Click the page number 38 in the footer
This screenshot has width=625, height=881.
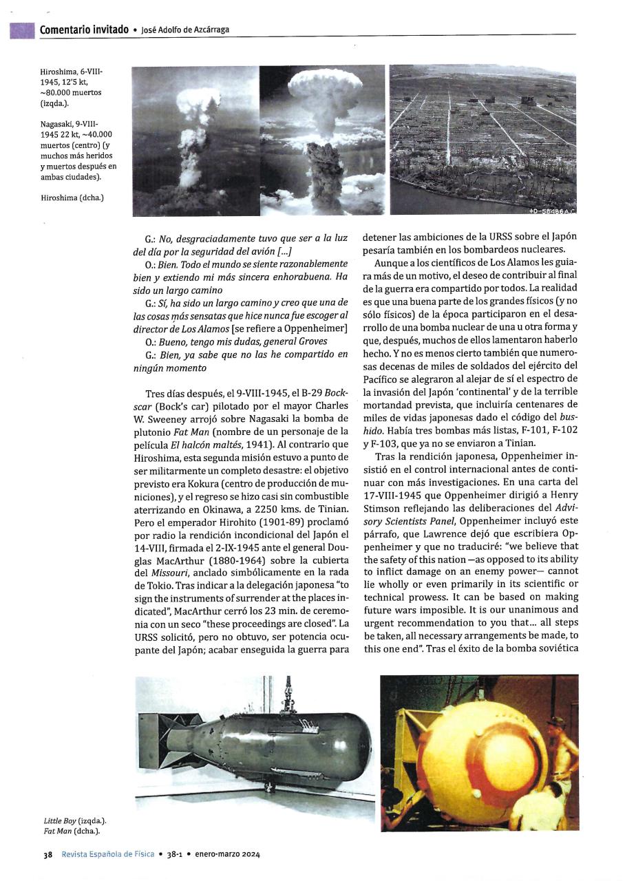pos(48,854)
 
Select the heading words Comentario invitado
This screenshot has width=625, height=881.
pos(84,29)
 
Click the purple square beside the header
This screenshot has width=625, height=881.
pos(22,30)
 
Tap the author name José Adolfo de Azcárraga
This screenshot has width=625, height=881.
pos(185,30)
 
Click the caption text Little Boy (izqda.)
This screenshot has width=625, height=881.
pos(74,820)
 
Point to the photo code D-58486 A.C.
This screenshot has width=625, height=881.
pos(552,210)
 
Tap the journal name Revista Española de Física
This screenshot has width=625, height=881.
pos(107,854)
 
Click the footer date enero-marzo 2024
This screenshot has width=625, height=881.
pos(227,854)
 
